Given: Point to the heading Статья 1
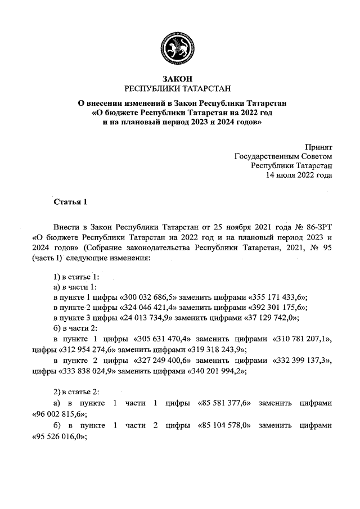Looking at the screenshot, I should (70, 201).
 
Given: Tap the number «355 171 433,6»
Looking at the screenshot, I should (277, 296).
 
